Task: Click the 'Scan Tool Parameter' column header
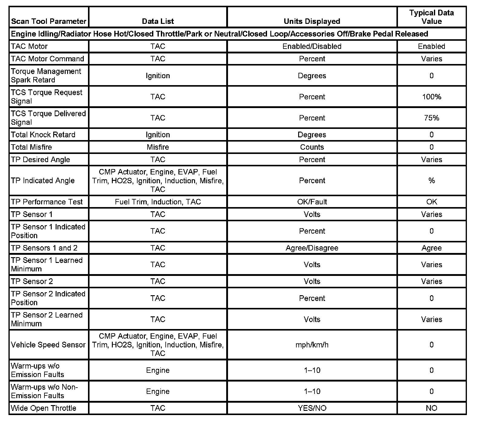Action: point(49,21)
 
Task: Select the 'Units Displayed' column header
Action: point(312,21)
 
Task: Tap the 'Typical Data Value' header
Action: point(432,17)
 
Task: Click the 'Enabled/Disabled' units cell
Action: point(312,46)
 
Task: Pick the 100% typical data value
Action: point(432,97)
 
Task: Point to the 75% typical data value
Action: point(432,118)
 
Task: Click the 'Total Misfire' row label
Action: point(31,147)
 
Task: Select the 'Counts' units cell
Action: point(312,147)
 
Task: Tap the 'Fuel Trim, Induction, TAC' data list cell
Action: point(158,202)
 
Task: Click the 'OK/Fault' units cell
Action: point(312,202)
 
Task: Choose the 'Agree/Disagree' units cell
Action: point(312,248)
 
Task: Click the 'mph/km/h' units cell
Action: point(312,345)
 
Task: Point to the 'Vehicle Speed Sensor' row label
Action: point(48,345)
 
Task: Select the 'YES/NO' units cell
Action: point(312,408)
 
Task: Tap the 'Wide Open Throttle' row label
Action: point(44,408)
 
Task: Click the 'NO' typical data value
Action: point(432,408)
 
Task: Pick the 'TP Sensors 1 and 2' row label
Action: point(44,248)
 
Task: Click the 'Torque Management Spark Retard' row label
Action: point(46,76)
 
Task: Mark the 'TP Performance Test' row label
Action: point(47,202)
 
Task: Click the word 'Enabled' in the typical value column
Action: point(432,46)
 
